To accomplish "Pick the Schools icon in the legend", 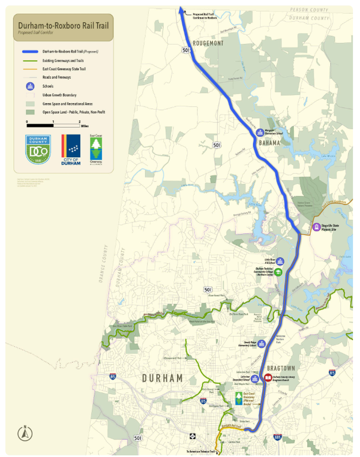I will click(x=30, y=86).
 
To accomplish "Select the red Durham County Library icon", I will click(x=268, y=378).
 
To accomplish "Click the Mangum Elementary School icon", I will click(x=260, y=133).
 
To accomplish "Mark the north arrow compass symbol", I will click(x=25, y=433).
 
